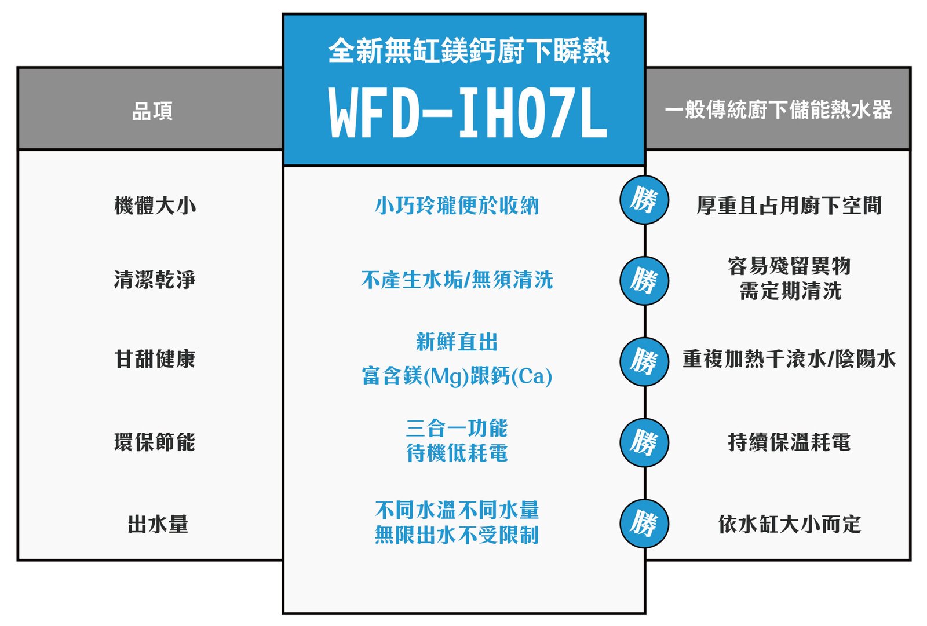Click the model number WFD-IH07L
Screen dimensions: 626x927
pos(468,113)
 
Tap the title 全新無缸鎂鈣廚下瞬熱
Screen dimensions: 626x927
pos(469,50)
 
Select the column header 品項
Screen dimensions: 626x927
pos(152,111)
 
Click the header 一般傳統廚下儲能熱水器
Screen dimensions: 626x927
pos(778,109)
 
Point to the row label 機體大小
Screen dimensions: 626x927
pos(155,206)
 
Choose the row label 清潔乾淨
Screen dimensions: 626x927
pos(155,280)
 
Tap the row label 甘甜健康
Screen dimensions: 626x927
pos(155,359)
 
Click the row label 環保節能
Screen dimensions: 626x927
pos(155,442)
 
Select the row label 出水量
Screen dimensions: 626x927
pos(158,525)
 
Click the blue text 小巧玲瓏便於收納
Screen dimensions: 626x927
pos(457,206)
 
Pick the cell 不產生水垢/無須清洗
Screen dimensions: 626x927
pos(457,280)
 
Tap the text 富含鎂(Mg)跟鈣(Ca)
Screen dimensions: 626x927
pos(457,376)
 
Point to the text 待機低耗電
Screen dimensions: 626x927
pos(457,453)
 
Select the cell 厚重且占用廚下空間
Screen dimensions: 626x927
pos(789,206)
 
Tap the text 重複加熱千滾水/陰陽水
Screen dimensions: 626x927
pos(789,359)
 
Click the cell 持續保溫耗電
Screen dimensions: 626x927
pos(789,442)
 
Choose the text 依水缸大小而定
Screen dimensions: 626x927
pos(789,525)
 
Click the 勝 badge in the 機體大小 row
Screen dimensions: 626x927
pos(644,200)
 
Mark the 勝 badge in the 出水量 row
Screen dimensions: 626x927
pos(644,524)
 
